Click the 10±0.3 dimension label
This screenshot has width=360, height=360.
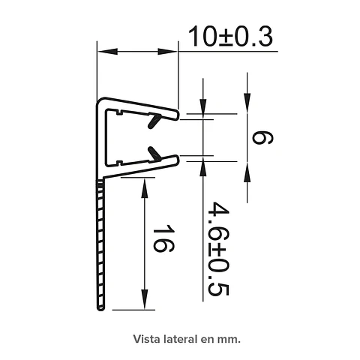[230, 37]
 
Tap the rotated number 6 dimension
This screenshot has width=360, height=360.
[262, 138]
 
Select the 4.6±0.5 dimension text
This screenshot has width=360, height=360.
[218, 248]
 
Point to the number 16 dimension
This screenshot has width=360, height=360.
[163, 238]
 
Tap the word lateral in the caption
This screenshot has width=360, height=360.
[179, 339]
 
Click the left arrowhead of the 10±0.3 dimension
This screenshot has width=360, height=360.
[108, 52]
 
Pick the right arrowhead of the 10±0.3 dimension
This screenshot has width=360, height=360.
[167, 52]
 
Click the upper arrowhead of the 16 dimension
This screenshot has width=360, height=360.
[144, 188]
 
